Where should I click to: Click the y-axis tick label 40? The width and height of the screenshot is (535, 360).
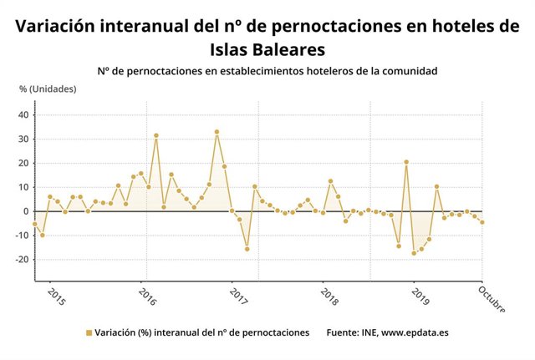coord(24,115)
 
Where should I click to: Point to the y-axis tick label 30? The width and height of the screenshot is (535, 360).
coord(24,139)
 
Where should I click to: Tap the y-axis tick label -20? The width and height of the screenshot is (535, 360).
coord(23,260)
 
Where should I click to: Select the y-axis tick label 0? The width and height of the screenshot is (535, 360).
coord(27,211)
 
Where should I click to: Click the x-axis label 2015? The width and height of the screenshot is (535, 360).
coord(55,297)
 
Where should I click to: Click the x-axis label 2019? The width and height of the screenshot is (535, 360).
coord(419,297)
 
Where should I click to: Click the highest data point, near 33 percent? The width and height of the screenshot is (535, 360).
coord(217,132)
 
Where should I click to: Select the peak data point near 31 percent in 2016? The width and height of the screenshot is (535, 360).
coord(156,135)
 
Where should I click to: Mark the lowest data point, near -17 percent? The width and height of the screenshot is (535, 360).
coord(414,253)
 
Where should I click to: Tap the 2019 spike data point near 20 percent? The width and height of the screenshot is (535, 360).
coord(406,162)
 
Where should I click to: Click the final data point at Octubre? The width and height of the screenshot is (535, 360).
coord(482,222)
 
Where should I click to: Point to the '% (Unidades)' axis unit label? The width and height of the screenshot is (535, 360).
coord(48,89)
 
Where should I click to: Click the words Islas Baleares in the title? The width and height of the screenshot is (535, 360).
coord(267,48)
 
